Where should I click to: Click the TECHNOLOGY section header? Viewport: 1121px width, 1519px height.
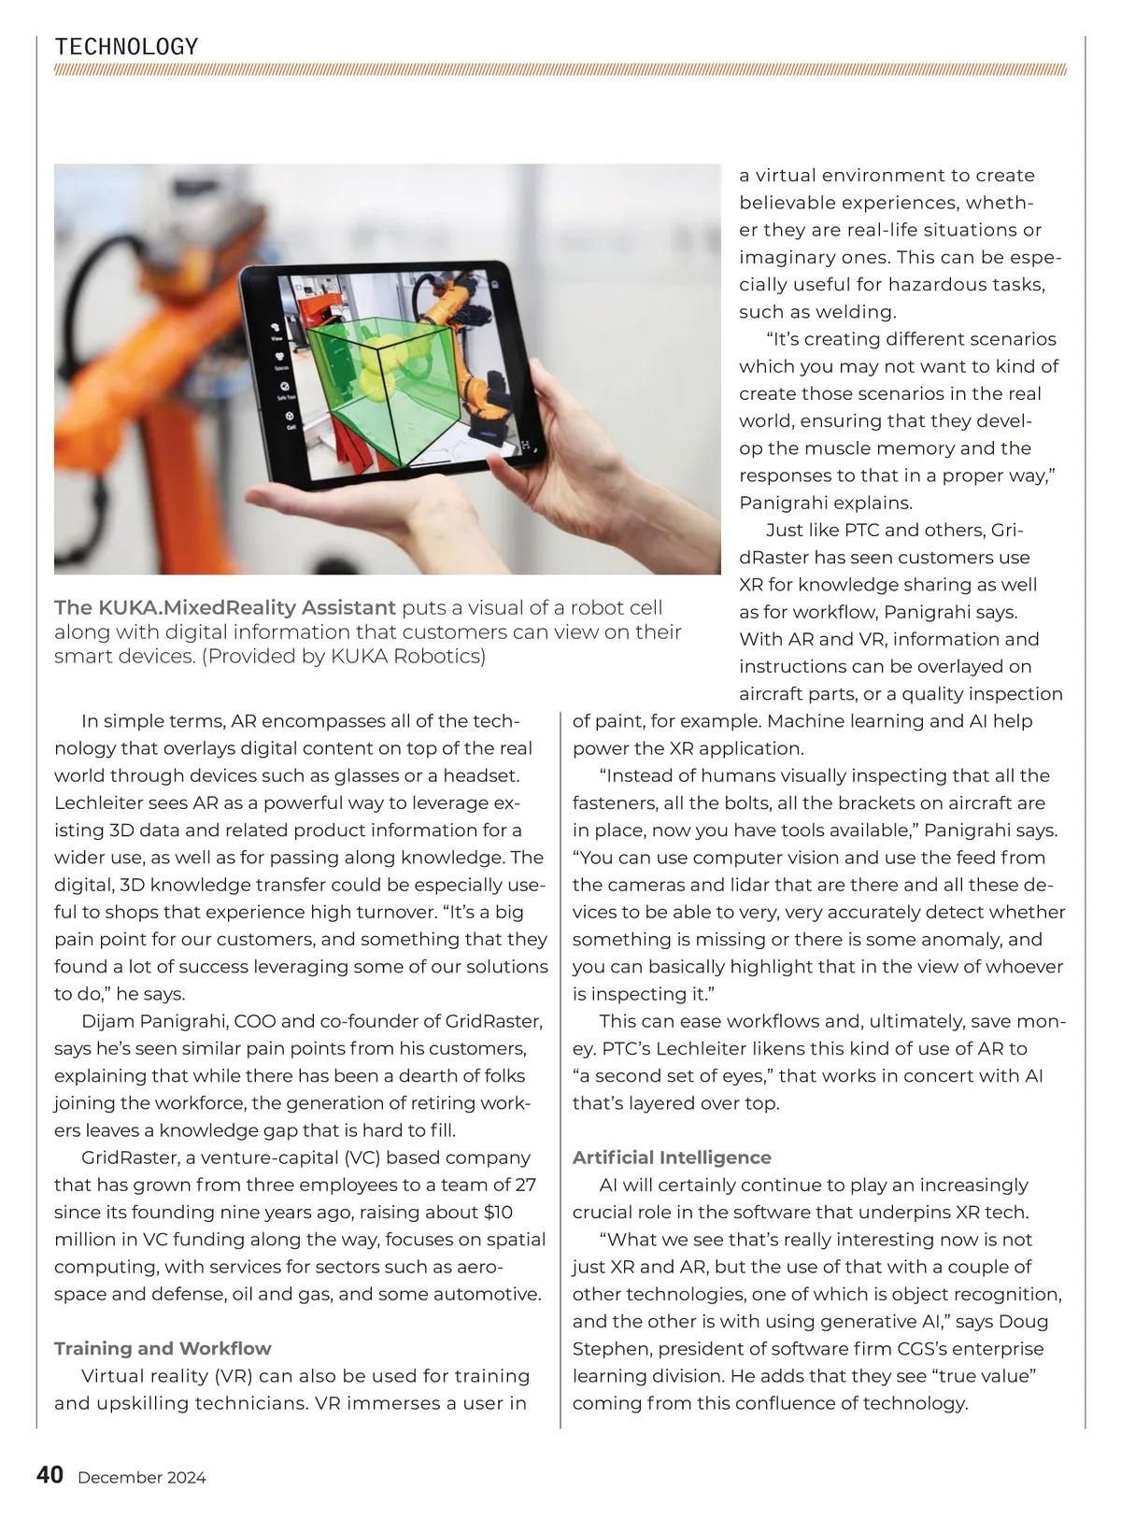[x=126, y=47]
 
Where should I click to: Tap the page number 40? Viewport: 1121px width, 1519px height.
[x=50, y=1476]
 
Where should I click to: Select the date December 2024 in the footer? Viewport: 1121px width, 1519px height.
[x=142, y=1478]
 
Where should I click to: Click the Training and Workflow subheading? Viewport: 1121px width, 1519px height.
[x=163, y=1348]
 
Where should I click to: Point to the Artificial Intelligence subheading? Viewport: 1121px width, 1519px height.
[x=672, y=1157]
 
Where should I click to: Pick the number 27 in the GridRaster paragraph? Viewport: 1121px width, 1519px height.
[x=526, y=1185]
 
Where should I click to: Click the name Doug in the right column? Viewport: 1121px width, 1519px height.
[x=1024, y=1321]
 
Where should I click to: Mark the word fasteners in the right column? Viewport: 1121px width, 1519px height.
[x=614, y=802]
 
